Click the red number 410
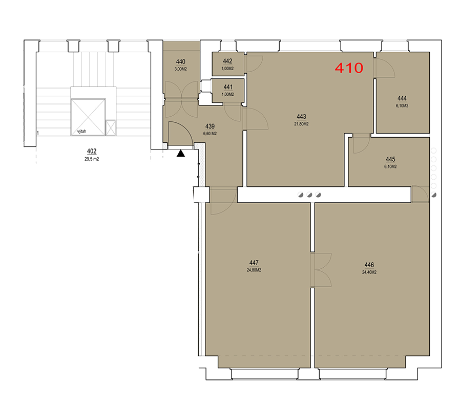tap(349, 68)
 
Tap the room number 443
tap(301, 117)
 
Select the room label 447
tap(254, 263)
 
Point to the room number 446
tap(369, 265)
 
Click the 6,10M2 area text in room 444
tap(402, 106)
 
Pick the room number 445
tap(390, 159)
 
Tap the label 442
tap(227, 61)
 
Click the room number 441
tap(228, 87)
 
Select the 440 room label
tap(180, 61)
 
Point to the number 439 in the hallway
tap(210, 126)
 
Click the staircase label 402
tap(92, 151)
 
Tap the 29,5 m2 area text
tap(92, 159)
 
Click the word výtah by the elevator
tap(81, 131)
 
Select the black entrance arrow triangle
tap(180, 153)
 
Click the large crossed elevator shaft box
tap(88, 117)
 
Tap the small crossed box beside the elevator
tap(111, 128)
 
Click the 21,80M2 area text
tap(301, 124)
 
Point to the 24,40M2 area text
tap(369, 272)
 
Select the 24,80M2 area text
tap(254, 270)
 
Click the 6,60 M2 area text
tap(210, 134)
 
